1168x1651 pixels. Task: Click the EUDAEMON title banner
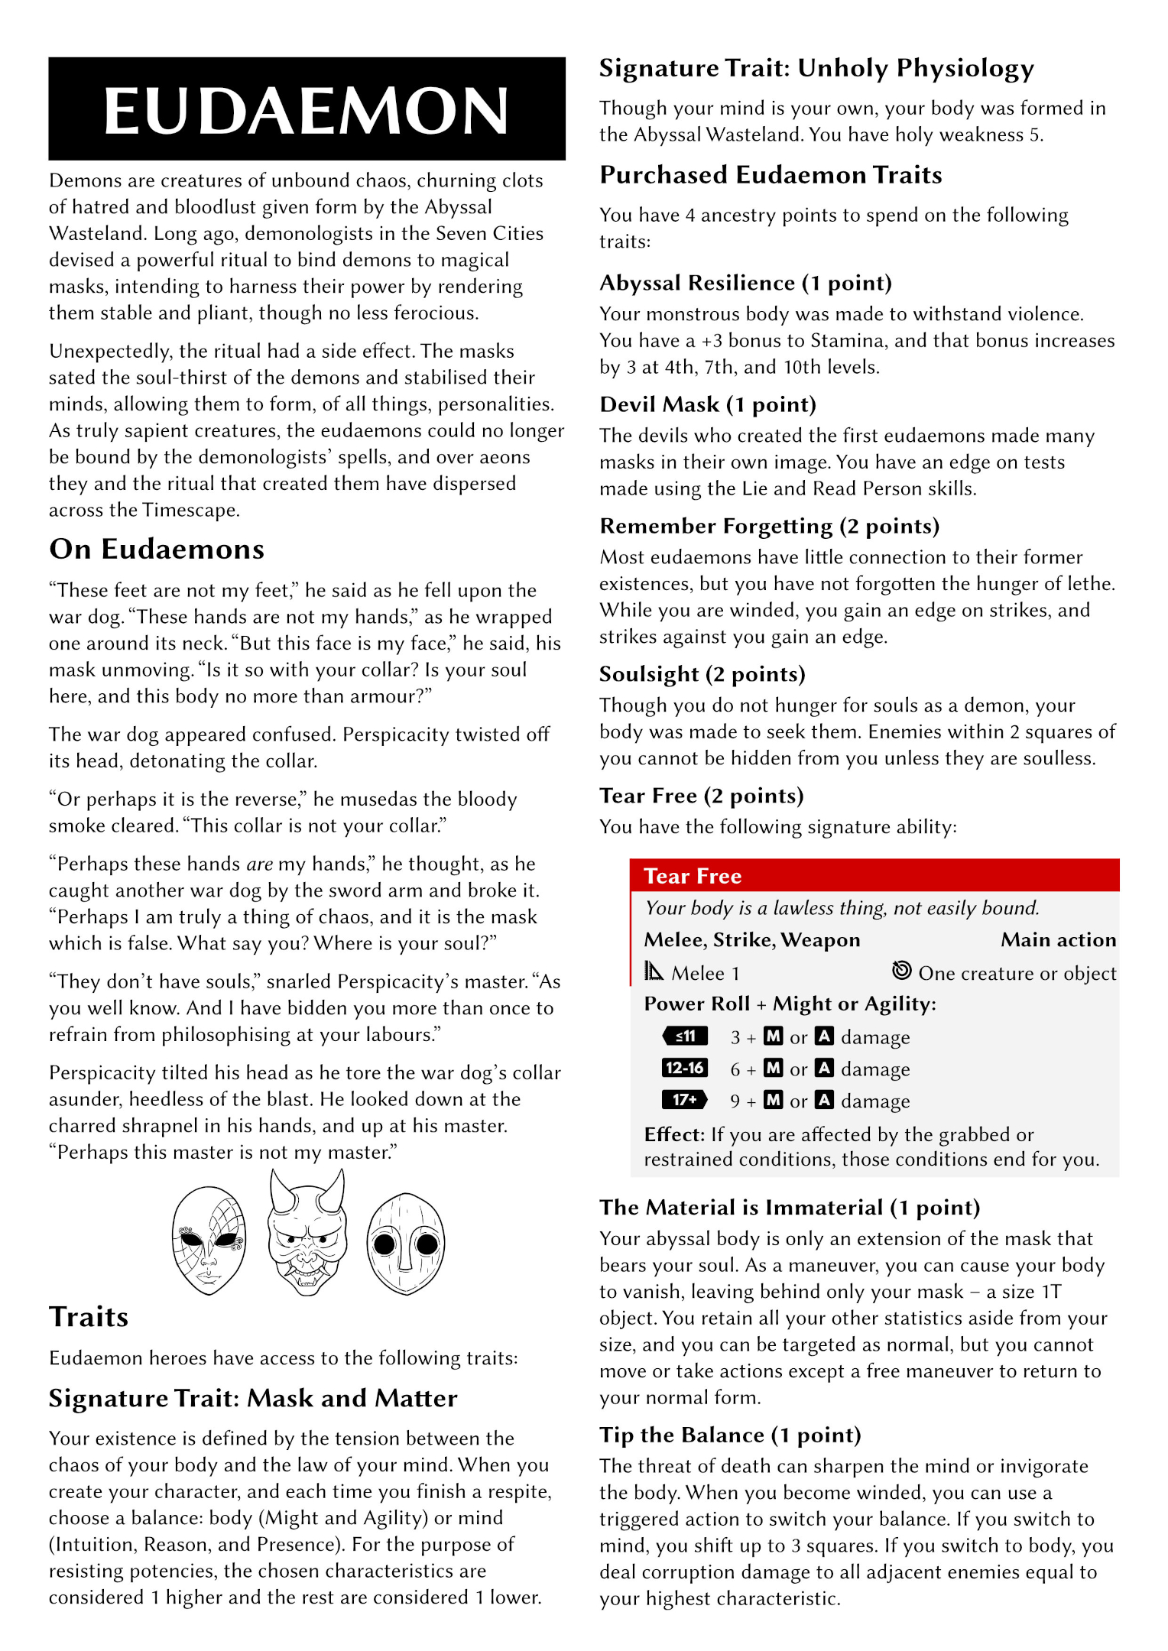(x=307, y=109)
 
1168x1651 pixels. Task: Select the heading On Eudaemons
(x=157, y=550)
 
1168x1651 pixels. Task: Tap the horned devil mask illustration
(x=307, y=1233)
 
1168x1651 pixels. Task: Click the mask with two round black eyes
(x=405, y=1244)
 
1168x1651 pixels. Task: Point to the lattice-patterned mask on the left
(x=209, y=1240)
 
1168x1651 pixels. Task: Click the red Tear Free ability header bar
(x=874, y=876)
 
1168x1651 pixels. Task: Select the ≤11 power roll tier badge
(x=685, y=1036)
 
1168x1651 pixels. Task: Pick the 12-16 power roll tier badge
(x=685, y=1068)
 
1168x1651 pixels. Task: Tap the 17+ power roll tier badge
(x=685, y=1100)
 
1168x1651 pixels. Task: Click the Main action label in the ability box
(x=1058, y=940)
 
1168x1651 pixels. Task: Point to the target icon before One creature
(x=902, y=971)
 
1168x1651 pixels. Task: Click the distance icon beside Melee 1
(x=654, y=971)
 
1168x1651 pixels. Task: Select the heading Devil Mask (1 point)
(x=708, y=405)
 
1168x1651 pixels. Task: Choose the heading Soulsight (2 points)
(x=702, y=674)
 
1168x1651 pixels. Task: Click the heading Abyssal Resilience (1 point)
(x=745, y=284)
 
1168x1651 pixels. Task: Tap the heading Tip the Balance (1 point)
(x=730, y=1435)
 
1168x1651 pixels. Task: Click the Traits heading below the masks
(x=89, y=1317)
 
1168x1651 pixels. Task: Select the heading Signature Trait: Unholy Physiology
(x=816, y=69)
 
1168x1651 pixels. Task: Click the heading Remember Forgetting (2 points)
(x=769, y=527)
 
